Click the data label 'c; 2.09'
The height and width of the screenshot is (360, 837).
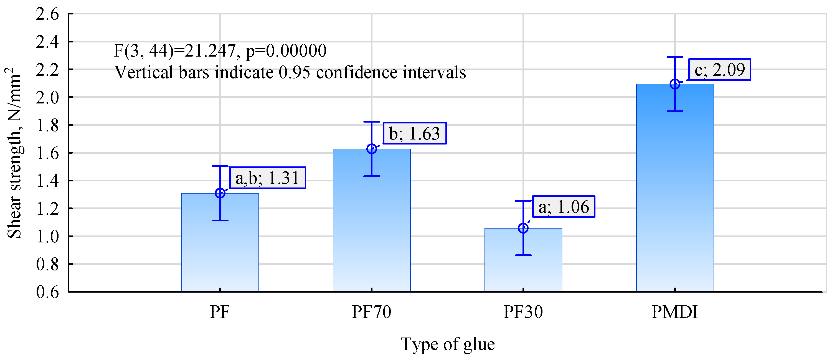pyautogui.click(x=719, y=70)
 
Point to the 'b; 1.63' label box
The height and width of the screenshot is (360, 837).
pyautogui.click(x=415, y=133)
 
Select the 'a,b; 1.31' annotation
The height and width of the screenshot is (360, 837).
pyautogui.click(x=267, y=178)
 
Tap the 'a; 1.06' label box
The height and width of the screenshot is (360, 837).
pyautogui.click(x=564, y=206)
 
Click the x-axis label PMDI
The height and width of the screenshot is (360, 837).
pyautogui.click(x=674, y=312)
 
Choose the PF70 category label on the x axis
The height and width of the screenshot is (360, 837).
pyautogui.click(x=371, y=312)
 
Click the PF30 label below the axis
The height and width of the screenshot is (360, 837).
pyautogui.click(x=523, y=312)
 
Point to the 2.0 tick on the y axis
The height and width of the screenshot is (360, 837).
pyautogui.click(x=47, y=97)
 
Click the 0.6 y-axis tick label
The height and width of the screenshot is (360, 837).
pyautogui.click(x=47, y=292)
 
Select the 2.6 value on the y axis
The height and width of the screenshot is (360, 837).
pyautogui.click(x=47, y=14)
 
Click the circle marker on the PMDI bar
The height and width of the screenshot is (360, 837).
pyautogui.click(x=675, y=84)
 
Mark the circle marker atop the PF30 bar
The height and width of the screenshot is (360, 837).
pyautogui.click(x=523, y=228)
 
